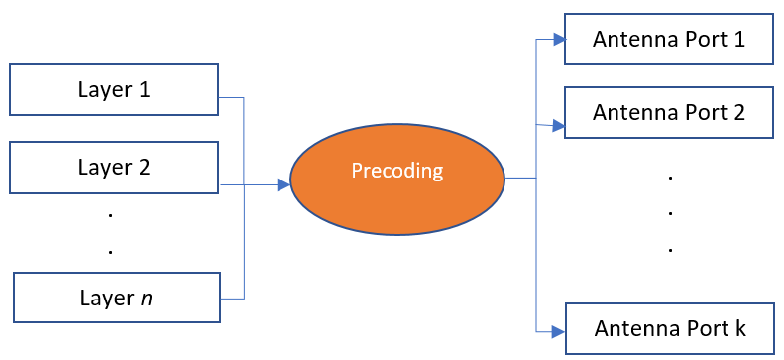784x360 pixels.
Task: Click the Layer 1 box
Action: point(114,89)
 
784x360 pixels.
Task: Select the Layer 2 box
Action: point(114,168)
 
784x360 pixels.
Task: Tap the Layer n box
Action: point(117,298)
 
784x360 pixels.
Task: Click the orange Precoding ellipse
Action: point(397,179)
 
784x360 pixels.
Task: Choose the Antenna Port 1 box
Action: point(669,39)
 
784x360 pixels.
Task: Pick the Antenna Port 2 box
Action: point(669,112)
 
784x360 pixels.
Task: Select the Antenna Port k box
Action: point(670,328)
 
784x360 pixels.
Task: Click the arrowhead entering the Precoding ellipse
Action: point(284,185)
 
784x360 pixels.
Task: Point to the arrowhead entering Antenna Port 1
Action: point(558,40)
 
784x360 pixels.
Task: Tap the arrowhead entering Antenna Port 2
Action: point(558,126)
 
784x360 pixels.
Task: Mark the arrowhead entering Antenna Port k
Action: point(559,331)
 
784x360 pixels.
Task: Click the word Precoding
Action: point(397,171)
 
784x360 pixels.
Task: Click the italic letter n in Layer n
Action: point(146,300)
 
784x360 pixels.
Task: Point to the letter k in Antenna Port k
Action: point(740,329)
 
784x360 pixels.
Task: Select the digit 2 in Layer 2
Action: point(144,167)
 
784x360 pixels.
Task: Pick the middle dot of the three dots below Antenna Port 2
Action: point(669,213)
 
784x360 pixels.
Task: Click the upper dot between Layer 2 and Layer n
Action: point(110,215)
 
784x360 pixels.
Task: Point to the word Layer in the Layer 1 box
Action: point(103,91)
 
